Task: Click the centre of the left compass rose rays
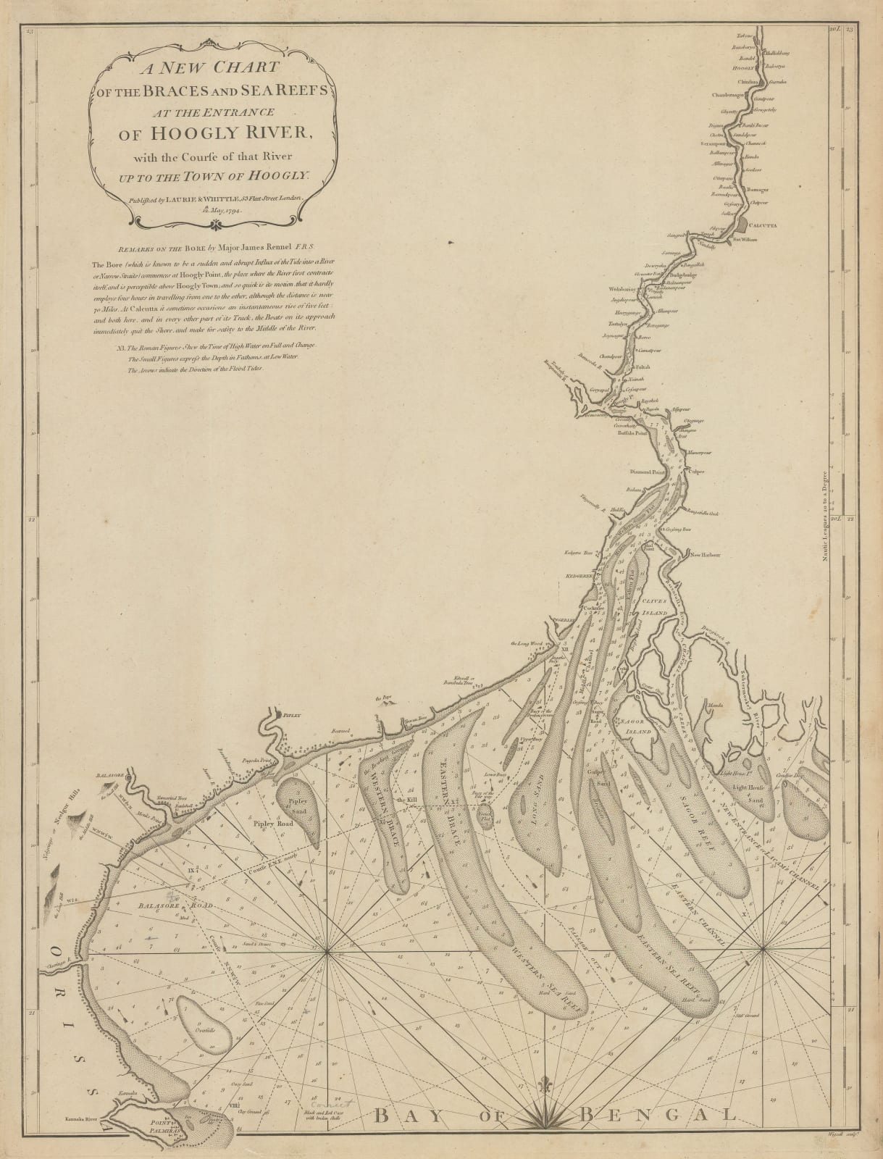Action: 326,953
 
